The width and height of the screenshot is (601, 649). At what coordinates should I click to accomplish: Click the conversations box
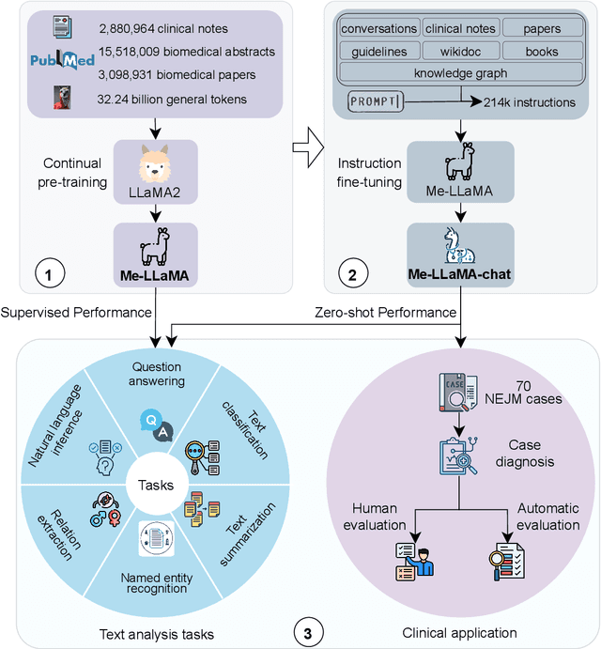[378, 29]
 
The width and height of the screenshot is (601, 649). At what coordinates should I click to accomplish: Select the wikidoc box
[460, 51]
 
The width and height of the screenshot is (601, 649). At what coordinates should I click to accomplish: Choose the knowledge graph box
[460, 72]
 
